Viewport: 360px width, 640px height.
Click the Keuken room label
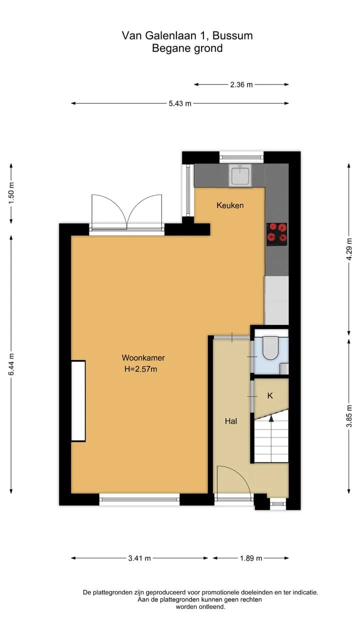click(x=230, y=205)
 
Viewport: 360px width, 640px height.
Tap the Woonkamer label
click(x=143, y=357)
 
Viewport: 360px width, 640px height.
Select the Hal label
click(x=231, y=421)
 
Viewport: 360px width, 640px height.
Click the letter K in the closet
click(x=270, y=395)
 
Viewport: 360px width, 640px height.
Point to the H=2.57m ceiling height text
click(x=140, y=369)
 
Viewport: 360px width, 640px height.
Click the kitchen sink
click(x=240, y=175)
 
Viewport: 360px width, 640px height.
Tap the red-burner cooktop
click(x=277, y=234)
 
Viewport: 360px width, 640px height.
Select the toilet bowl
click(x=270, y=348)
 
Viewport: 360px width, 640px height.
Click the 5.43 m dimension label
click(x=180, y=103)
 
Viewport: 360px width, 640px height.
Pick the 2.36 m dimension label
click(x=241, y=84)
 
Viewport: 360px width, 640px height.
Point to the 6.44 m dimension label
click(x=11, y=364)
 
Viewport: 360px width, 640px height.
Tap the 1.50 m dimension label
click(x=11, y=193)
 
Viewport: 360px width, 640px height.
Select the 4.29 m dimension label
click(x=349, y=249)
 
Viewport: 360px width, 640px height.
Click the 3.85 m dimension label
click(x=349, y=416)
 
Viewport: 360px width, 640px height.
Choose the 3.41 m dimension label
click(x=139, y=558)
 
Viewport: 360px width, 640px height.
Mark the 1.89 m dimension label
click(x=251, y=558)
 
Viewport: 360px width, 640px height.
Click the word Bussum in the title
click(x=232, y=35)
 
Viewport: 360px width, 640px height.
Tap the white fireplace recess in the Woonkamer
click(x=78, y=401)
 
